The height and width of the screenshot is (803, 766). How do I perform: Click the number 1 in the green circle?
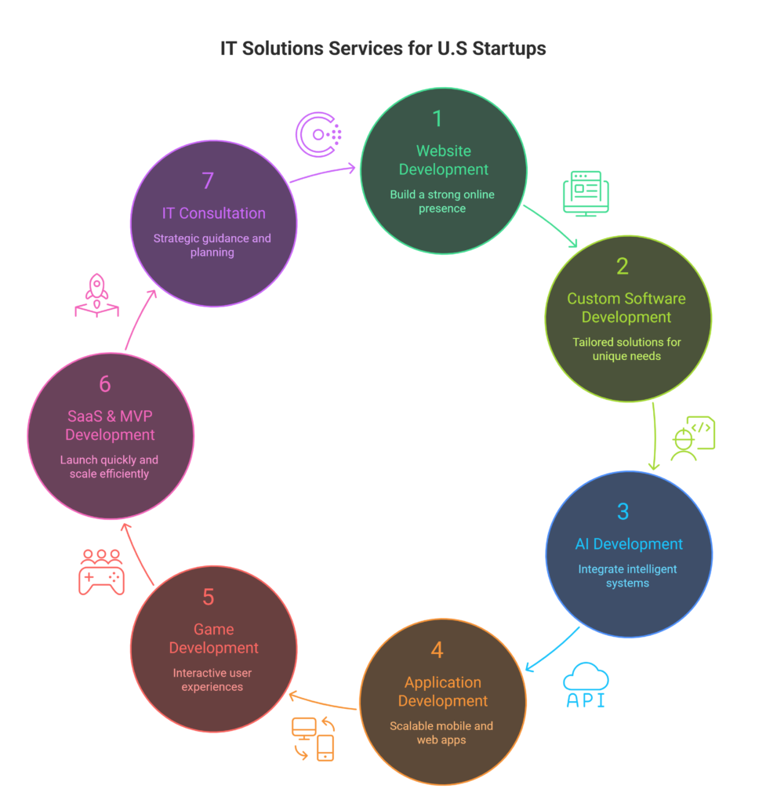437,118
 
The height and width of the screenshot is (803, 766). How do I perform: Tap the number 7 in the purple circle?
208,180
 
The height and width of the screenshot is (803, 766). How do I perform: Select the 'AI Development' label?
628,544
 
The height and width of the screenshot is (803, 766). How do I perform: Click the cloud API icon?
586,685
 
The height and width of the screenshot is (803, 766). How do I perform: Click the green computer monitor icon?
586,193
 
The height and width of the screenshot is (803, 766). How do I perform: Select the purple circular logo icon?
318,134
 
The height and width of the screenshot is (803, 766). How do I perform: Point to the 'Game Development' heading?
214,638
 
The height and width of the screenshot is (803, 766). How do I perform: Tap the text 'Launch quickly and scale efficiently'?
109,467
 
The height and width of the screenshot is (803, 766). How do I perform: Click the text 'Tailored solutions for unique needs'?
627,349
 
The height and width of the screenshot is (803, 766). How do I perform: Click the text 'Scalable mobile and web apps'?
441,732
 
